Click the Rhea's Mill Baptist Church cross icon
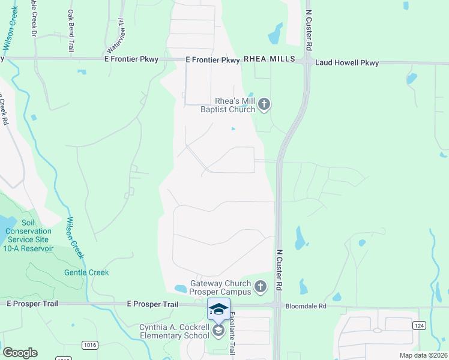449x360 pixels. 264,106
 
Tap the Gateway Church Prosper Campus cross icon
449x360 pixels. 260,287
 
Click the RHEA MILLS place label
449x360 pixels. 270,59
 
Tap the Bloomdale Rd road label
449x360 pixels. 306,306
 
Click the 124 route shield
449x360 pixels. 419,325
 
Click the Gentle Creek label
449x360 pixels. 86,272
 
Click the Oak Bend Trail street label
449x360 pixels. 71,30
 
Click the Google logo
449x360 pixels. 20,352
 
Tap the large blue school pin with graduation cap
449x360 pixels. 218,310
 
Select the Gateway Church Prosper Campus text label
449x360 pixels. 220,287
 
